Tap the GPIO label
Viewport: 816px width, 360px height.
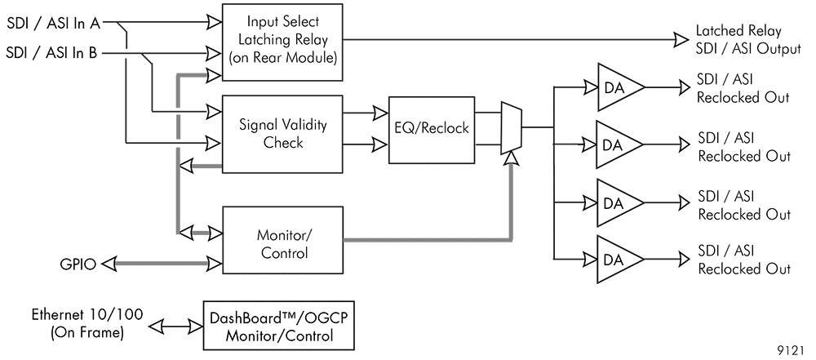pyautogui.click(x=78, y=264)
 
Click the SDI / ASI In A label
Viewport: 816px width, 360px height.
pyautogui.click(x=52, y=23)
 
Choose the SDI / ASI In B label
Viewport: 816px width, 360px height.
pyautogui.click(x=52, y=54)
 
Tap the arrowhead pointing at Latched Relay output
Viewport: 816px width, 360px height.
pyautogui.click(x=681, y=38)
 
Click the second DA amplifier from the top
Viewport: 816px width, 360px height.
pyautogui.click(x=619, y=144)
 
